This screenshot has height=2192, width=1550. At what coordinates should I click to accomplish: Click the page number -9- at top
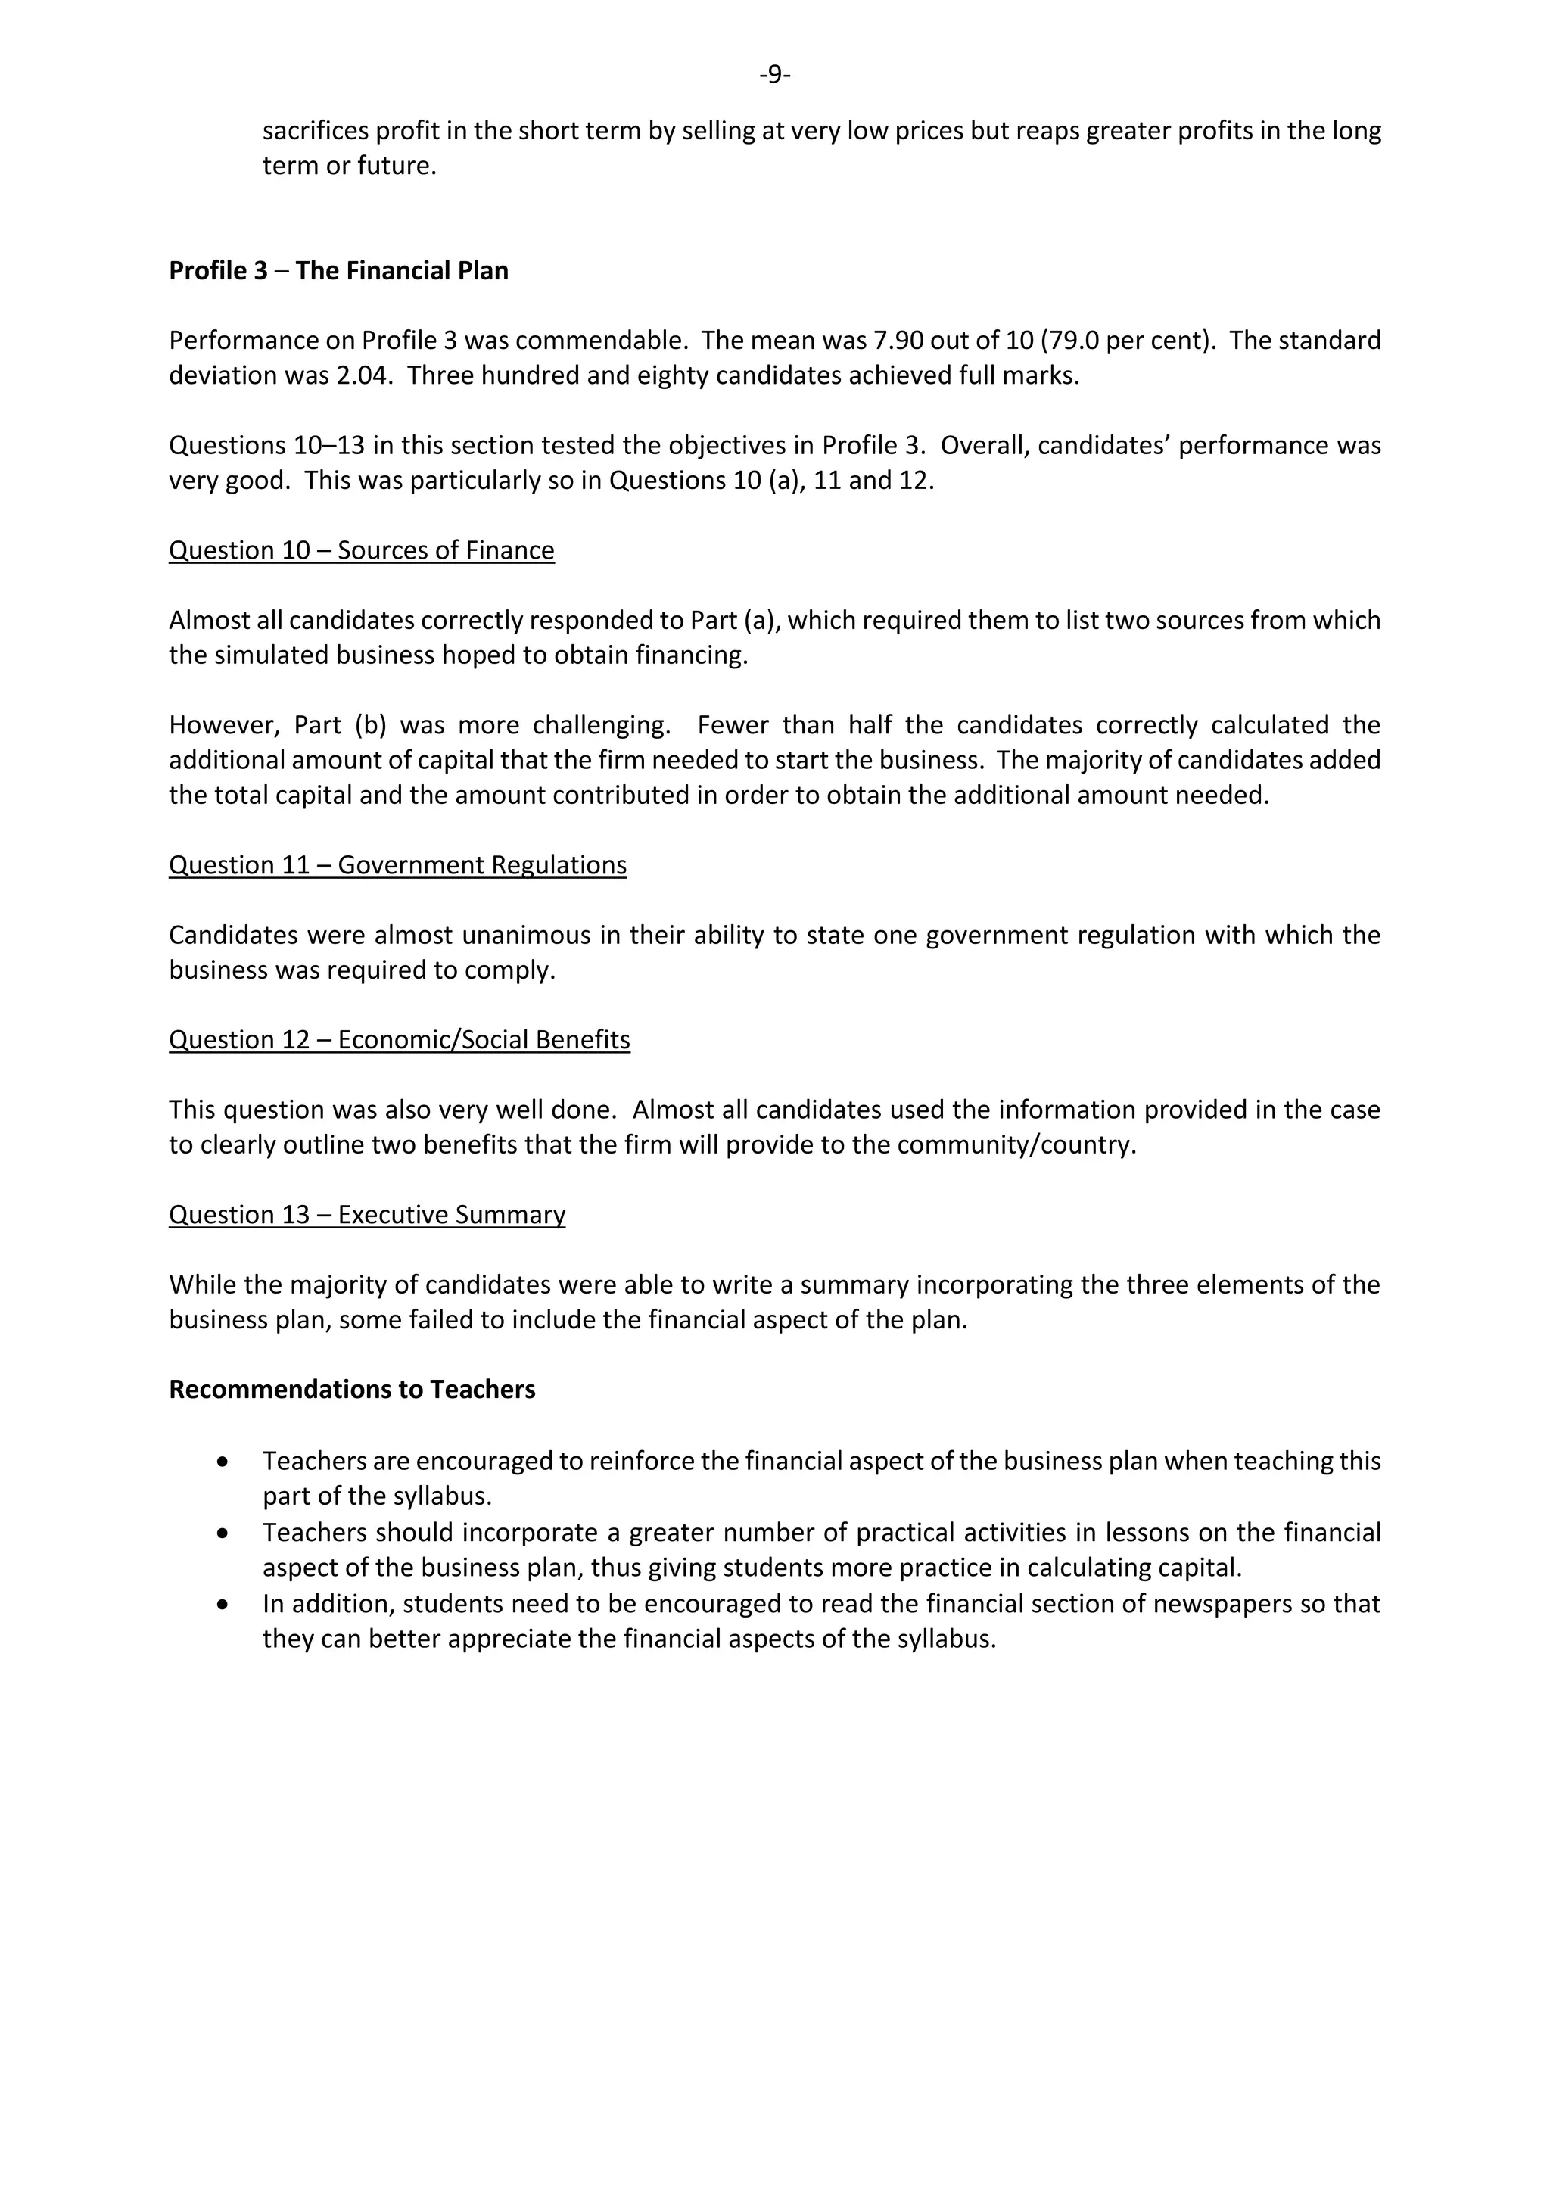[774, 73]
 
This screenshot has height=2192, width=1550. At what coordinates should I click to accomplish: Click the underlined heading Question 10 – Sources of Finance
[361, 551]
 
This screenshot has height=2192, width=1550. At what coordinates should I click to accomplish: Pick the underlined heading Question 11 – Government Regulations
[397, 865]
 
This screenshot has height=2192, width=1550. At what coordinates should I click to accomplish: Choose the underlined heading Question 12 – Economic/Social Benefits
[399, 1040]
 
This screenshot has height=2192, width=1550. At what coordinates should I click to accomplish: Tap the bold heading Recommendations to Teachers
[351, 1389]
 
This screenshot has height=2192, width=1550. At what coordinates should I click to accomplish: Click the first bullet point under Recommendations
[223, 1462]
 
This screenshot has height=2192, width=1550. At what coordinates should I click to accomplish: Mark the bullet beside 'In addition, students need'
[223, 1605]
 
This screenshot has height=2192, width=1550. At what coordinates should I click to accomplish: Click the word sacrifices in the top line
[315, 131]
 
